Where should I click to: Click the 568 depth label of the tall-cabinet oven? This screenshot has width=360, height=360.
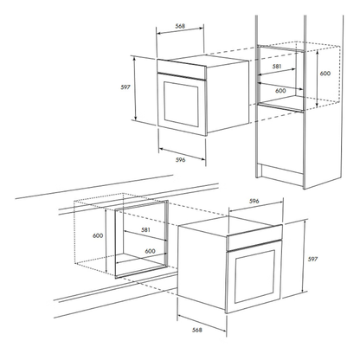point(180,26)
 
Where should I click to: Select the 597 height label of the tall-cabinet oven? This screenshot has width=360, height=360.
point(125,87)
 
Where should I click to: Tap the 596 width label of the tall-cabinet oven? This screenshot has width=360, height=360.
point(181,160)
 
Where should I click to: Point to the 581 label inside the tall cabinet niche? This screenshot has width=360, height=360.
point(277,67)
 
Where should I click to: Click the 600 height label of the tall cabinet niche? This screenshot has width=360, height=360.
point(325,74)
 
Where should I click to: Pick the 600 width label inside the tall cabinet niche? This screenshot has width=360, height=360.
point(280,91)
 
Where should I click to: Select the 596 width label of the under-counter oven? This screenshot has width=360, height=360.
point(254,202)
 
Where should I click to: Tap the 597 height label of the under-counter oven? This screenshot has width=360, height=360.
point(312,259)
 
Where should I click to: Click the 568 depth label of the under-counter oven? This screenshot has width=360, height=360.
point(197,330)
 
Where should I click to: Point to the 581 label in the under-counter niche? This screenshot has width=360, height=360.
point(145,230)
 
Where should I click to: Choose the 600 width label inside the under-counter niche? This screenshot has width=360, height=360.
point(150,251)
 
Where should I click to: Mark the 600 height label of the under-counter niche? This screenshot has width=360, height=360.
point(98,235)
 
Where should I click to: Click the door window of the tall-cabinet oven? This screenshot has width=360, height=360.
point(181,104)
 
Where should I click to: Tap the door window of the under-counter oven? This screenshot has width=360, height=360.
point(254,276)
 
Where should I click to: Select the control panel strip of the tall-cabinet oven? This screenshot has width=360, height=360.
point(182,69)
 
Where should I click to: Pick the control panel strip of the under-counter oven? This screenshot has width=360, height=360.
point(254,237)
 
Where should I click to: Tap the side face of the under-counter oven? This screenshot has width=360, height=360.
point(202,267)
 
